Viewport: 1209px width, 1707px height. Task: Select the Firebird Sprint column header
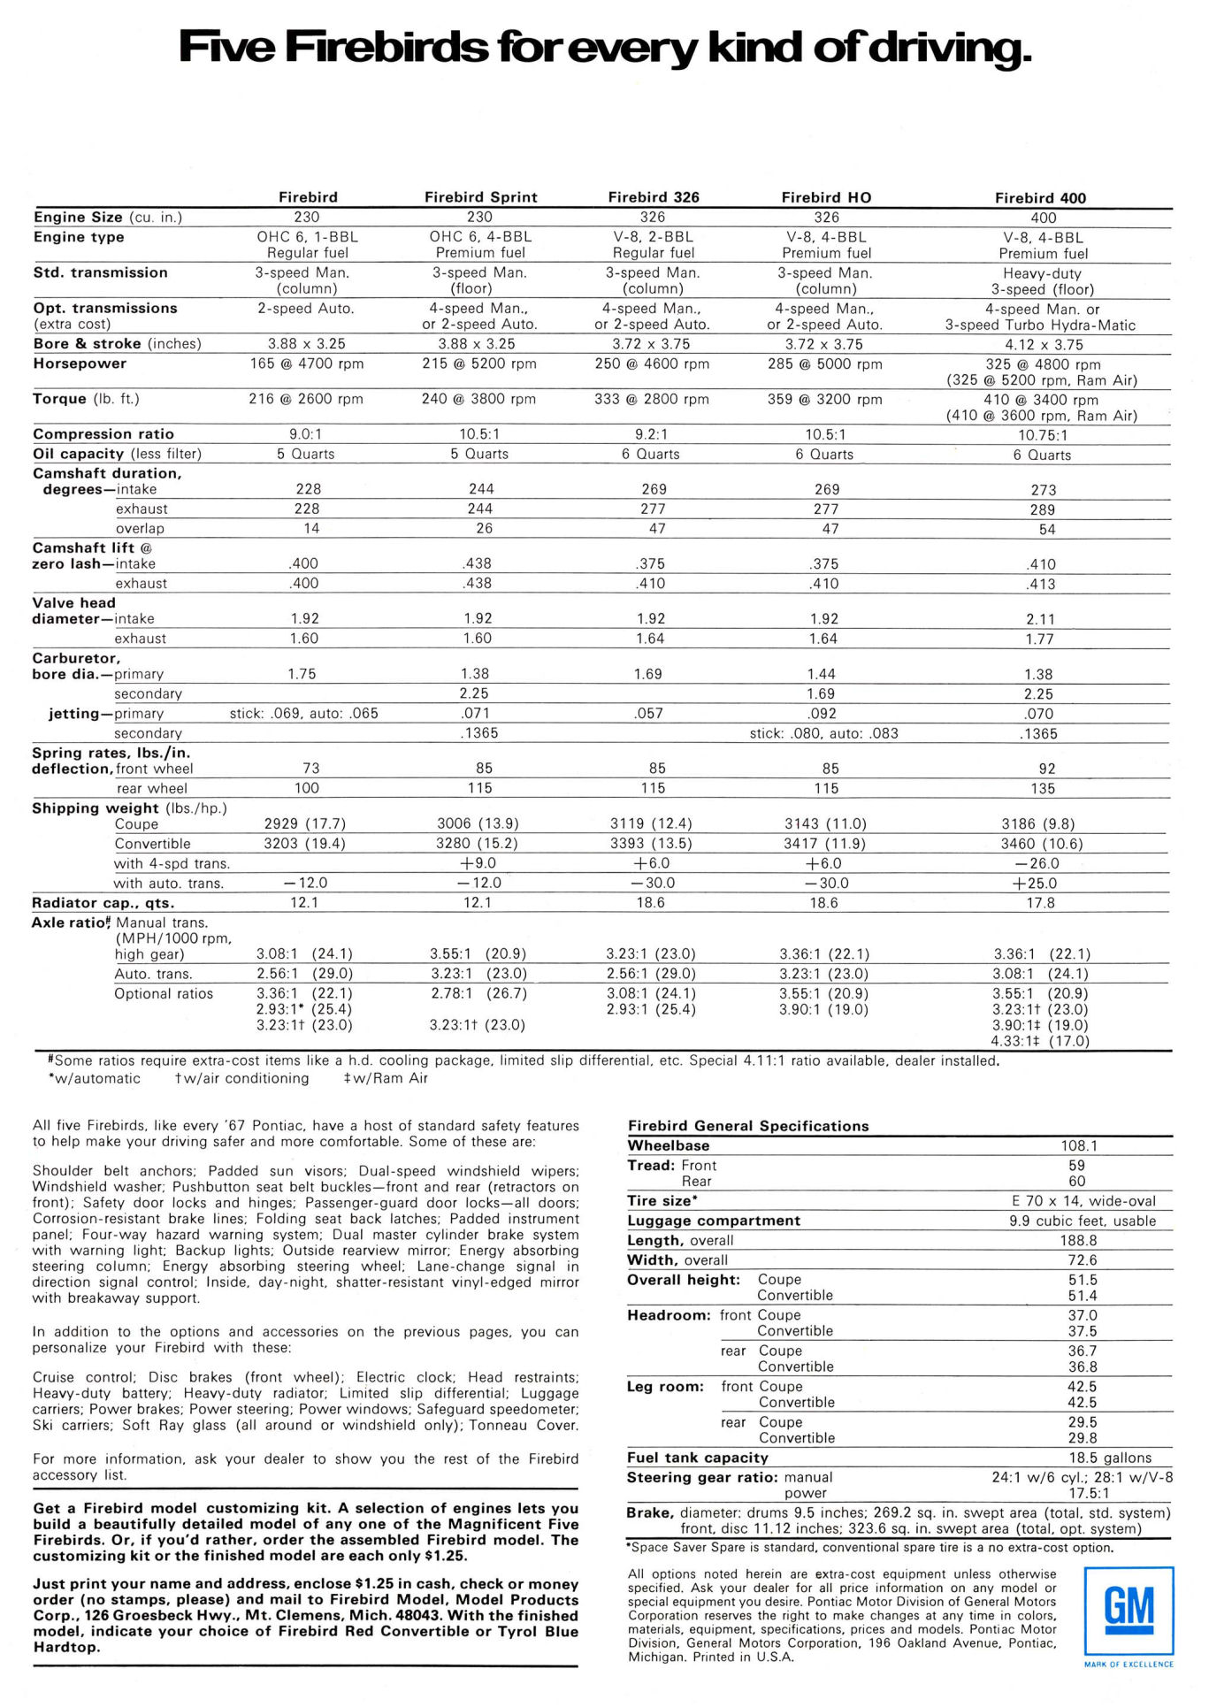[480, 197]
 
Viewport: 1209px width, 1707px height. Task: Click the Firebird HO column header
[826, 197]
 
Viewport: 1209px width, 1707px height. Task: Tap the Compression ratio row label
[103, 434]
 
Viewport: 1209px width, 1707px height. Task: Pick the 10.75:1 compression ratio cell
[1043, 435]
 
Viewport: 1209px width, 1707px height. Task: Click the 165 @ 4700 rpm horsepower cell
[306, 364]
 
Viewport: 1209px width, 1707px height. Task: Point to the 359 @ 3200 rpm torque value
[824, 399]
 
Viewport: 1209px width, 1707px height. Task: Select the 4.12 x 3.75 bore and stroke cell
[1043, 345]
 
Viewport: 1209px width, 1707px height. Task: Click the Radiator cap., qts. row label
[103, 903]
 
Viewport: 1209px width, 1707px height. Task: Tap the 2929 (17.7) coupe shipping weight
[305, 823]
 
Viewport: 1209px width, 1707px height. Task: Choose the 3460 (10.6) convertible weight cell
[1042, 844]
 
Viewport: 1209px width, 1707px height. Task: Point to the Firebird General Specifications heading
[748, 1126]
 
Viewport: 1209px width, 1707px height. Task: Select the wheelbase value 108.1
[1079, 1145]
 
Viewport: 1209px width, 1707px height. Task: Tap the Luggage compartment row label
[714, 1221]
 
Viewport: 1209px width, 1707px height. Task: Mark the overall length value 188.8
[1079, 1241]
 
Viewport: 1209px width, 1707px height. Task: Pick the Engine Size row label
[78, 217]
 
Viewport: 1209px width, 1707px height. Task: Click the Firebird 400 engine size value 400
[1043, 218]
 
